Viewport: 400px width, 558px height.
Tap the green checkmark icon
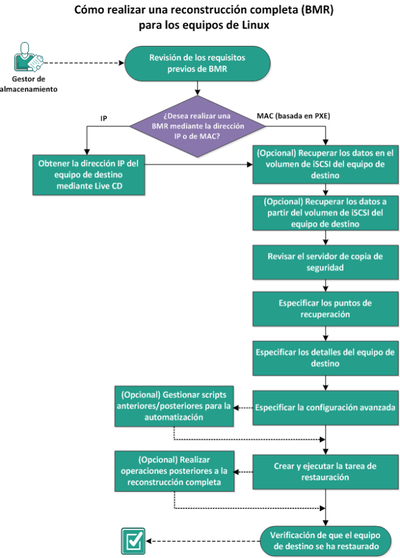(x=133, y=540)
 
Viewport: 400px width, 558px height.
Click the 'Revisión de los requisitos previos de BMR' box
(x=197, y=63)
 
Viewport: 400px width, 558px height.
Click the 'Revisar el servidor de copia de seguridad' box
(x=325, y=263)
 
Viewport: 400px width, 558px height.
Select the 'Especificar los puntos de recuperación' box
(x=325, y=309)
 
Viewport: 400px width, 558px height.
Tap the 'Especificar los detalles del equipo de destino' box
(x=325, y=358)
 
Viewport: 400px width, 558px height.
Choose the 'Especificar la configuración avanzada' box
(x=325, y=406)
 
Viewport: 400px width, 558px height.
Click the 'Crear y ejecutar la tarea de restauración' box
(x=325, y=471)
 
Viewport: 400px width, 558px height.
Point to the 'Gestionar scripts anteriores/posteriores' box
(x=174, y=406)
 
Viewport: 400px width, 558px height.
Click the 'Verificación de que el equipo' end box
(x=325, y=540)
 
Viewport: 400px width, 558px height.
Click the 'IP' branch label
(x=104, y=119)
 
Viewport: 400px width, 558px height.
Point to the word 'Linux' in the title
(x=253, y=25)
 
